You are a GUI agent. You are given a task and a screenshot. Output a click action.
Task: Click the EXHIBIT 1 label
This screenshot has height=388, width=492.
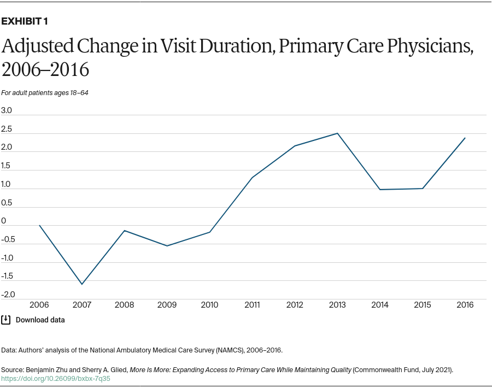25,21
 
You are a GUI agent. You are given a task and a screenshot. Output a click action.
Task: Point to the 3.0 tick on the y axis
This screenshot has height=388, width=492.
7,110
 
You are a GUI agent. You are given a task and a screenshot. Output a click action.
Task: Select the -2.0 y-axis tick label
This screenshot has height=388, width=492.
8,295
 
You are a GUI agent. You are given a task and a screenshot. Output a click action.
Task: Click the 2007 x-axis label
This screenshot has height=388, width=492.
82,305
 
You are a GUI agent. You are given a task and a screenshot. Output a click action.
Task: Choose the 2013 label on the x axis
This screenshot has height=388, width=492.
337,305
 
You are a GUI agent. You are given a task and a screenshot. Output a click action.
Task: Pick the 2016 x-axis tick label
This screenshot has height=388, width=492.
465,305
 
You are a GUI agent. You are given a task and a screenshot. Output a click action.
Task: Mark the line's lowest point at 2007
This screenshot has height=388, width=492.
82,284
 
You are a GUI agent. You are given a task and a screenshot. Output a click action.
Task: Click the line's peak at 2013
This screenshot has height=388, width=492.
337,133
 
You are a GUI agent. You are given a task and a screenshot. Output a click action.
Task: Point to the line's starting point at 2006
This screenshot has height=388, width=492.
39,225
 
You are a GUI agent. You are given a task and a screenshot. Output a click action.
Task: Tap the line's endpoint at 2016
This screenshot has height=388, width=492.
465,138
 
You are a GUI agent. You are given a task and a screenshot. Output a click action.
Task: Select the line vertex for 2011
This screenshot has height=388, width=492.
252,178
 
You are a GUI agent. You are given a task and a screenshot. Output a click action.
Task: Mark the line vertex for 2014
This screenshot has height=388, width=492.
380,190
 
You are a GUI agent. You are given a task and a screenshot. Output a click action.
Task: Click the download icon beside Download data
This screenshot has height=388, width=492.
6,320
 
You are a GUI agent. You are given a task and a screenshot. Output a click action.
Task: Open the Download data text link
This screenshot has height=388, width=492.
40,320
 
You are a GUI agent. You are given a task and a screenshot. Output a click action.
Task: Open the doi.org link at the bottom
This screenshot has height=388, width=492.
56,378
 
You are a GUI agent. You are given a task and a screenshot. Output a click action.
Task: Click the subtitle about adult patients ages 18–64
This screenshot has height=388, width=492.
45,93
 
